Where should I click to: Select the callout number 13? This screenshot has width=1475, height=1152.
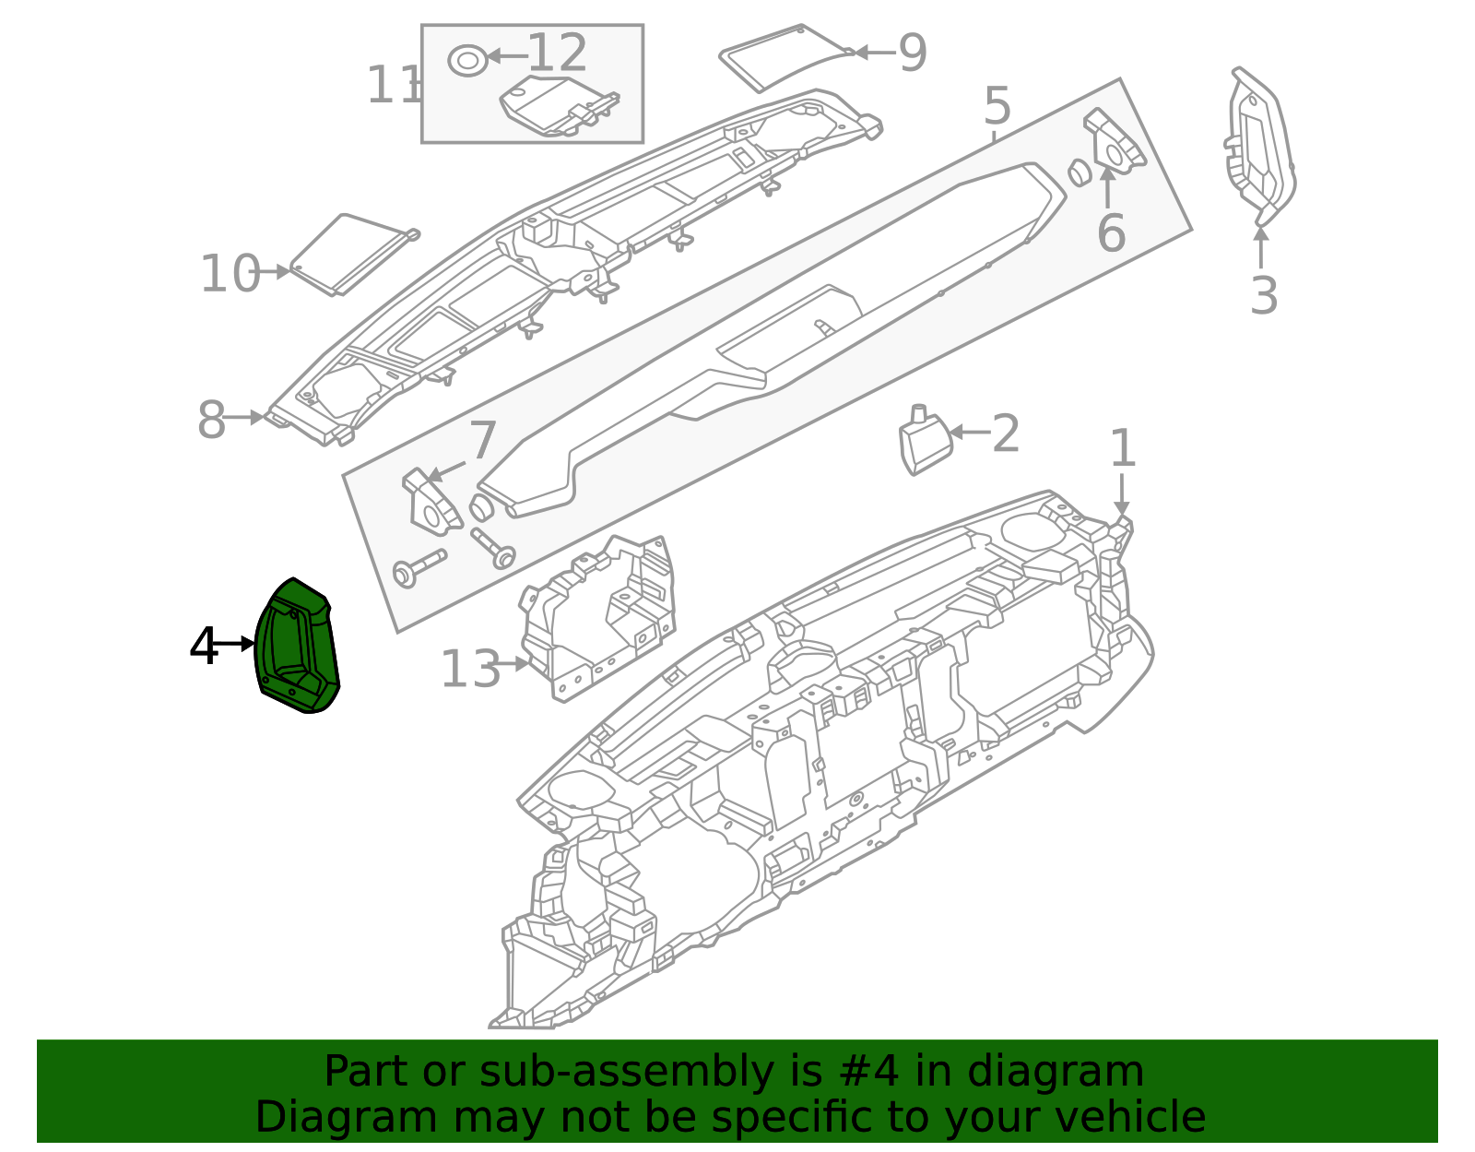(x=470, y=669)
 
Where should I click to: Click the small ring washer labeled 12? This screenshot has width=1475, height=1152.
(x=467, y=61)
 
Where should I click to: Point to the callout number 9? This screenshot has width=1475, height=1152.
(x=912, y=53)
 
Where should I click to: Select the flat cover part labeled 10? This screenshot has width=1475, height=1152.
(x=350, y=254)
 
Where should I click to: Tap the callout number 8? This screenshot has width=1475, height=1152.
(x=212, y=421)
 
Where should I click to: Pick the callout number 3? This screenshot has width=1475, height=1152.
(x=1264, y=296)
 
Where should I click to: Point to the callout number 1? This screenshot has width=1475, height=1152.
(x=1122, y=449)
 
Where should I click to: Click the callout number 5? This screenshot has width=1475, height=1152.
(x=997, y=107)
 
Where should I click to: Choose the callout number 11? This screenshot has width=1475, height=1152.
(x=392, y=86)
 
